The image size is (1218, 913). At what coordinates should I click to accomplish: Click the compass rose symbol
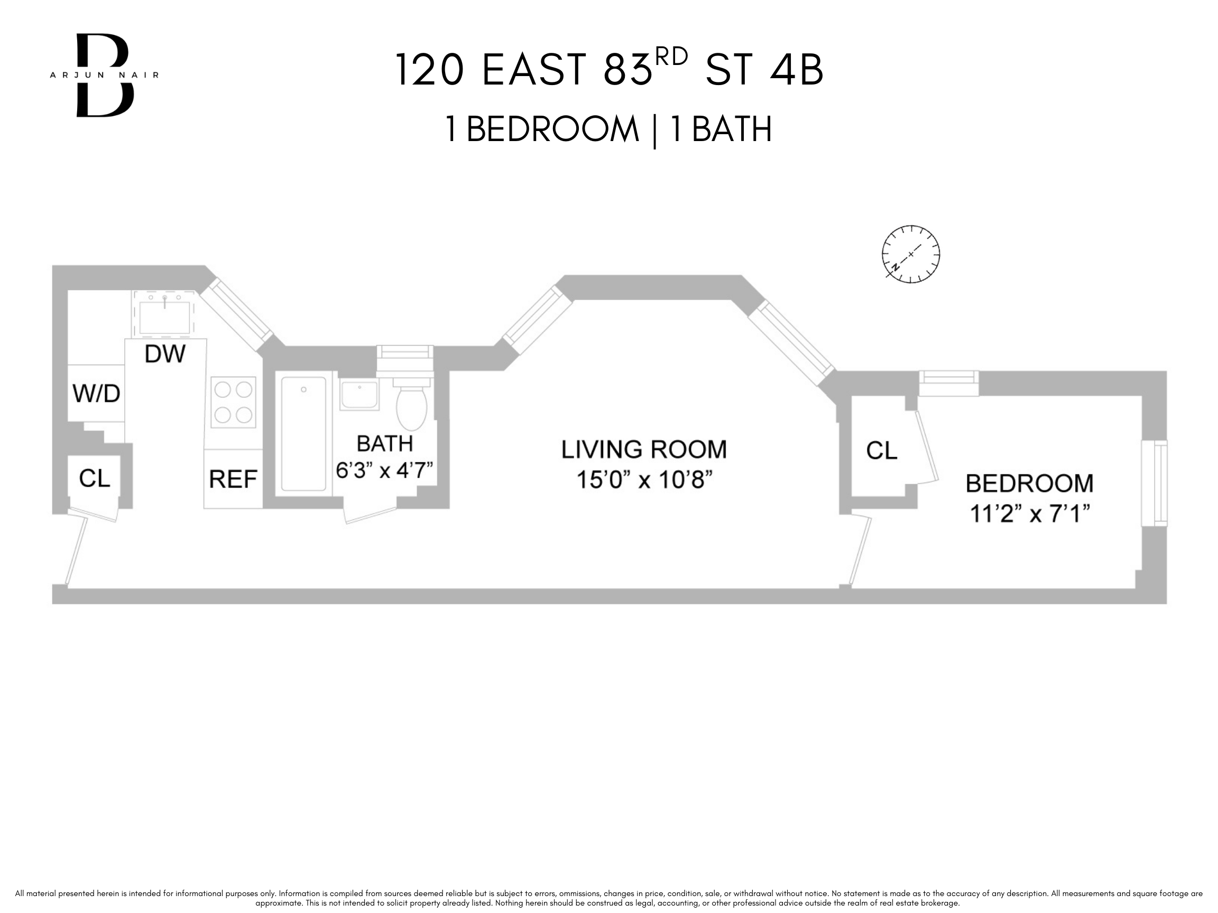[911, 254]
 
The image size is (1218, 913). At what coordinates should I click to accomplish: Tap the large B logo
[105, 75]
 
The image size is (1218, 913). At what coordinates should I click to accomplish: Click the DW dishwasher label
[164, 354]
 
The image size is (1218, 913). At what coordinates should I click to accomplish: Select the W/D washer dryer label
[96, 394]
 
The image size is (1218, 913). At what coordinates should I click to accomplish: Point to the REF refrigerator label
[233, 479]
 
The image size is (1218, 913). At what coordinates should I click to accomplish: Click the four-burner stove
[234, 402]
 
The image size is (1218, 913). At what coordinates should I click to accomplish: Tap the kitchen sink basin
[164, 318]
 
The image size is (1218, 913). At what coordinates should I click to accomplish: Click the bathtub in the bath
[303, 433]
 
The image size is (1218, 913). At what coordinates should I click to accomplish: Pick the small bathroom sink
[359, 394]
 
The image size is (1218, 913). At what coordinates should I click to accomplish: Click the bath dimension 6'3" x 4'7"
[385, 471]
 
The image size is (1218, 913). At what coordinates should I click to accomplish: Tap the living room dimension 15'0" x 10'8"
[644, 480]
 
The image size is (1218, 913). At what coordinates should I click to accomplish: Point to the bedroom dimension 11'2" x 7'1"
[1029, 514]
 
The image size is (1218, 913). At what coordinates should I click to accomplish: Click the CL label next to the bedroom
[882, 451]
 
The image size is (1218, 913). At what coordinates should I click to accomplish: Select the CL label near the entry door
[94, 478]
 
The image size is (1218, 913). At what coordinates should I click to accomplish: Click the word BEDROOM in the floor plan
[1029, 484]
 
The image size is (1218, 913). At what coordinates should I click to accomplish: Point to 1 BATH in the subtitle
[721, 129]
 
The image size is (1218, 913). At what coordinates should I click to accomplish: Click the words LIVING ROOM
[644, 450]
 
